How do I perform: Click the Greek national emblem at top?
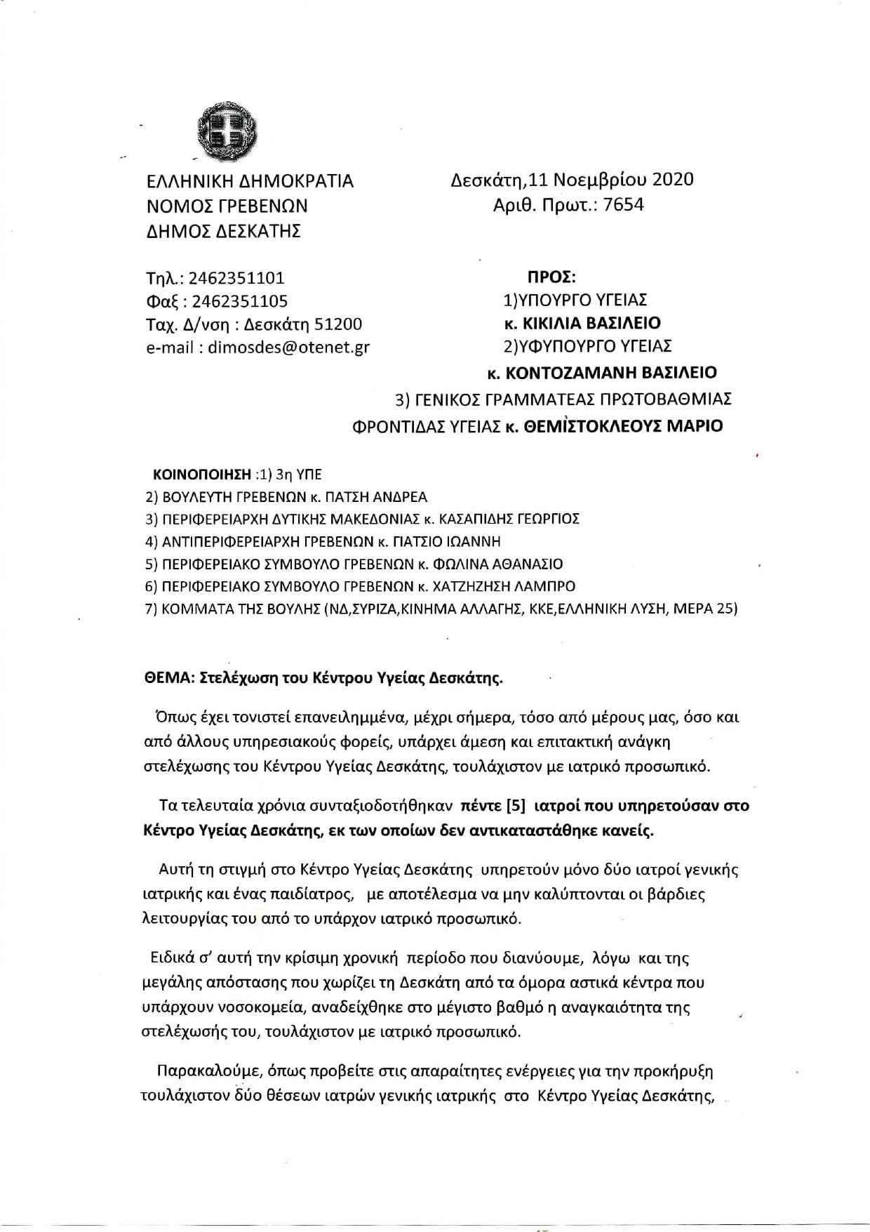(226, 131)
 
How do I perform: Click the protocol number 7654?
(623, 205)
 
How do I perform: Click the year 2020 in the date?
(673, 180)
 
